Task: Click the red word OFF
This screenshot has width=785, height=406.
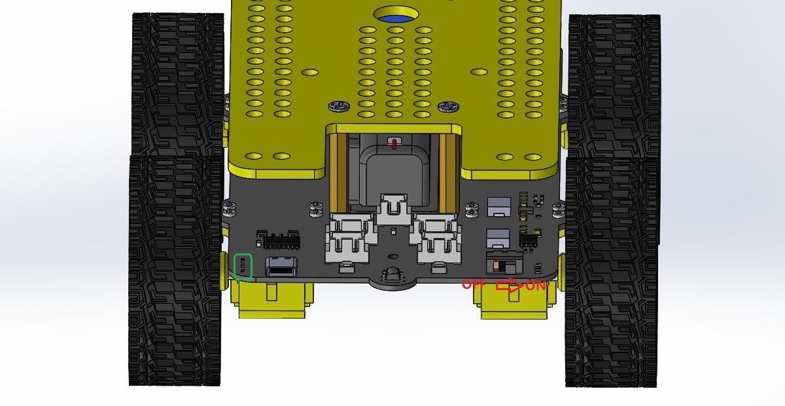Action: tap(474, 284)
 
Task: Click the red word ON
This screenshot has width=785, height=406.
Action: tap(535, 286)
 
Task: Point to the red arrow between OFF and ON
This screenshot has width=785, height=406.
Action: tap(510, 286)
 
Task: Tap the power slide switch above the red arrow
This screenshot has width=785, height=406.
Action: tap(504, 263)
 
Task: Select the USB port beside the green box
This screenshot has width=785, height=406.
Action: tap(281, 267)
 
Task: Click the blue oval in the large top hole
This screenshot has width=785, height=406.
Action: tap(396, 18)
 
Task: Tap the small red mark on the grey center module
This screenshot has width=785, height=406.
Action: tap(394, 144)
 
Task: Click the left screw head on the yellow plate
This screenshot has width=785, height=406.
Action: tap(340, 106)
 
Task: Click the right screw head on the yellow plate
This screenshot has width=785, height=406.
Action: tap(449, 107)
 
